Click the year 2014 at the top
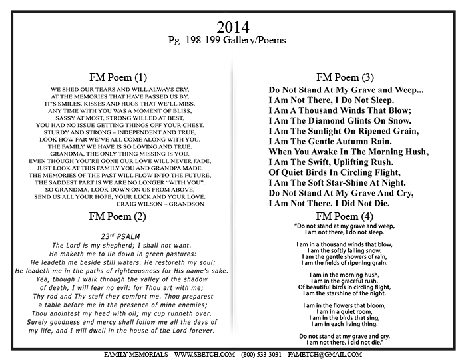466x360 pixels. coord(233,27)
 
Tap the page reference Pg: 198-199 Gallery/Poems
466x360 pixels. coord(233,41)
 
